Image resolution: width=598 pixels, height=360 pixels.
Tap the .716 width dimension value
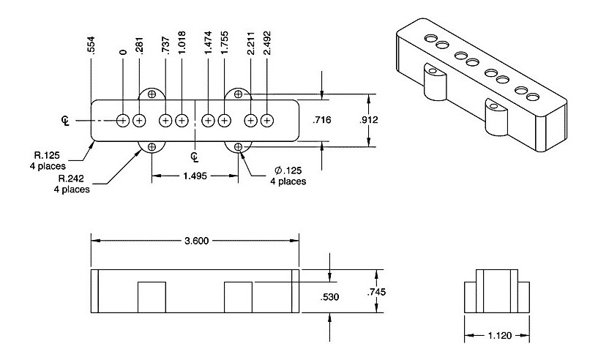pos(322,120)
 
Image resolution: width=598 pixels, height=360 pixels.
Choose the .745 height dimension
pos(376,292)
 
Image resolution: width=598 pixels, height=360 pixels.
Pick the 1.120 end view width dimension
pos(498,335)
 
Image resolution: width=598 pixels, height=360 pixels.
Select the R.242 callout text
pos(75,183)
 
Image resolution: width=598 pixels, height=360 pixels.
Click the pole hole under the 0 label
pos(123,120)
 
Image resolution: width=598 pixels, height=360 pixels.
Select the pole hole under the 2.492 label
pos(266,120)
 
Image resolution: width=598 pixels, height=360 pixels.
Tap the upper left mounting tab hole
pos(152,94)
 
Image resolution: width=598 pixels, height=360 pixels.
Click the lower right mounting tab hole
pos(239,147)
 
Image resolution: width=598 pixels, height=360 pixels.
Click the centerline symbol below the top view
pos(195,157)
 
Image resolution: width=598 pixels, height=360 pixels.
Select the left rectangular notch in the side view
pos(152,296)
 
